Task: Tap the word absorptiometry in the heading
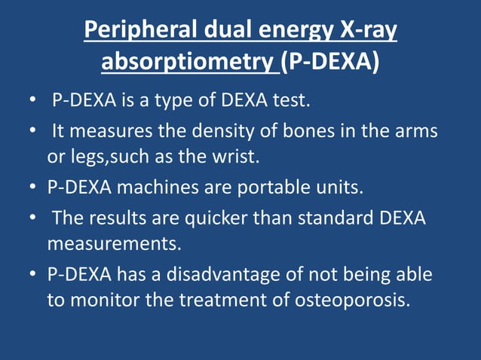[188, 61]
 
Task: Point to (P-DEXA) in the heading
[329, 61]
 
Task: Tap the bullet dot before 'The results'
[33, 219]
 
